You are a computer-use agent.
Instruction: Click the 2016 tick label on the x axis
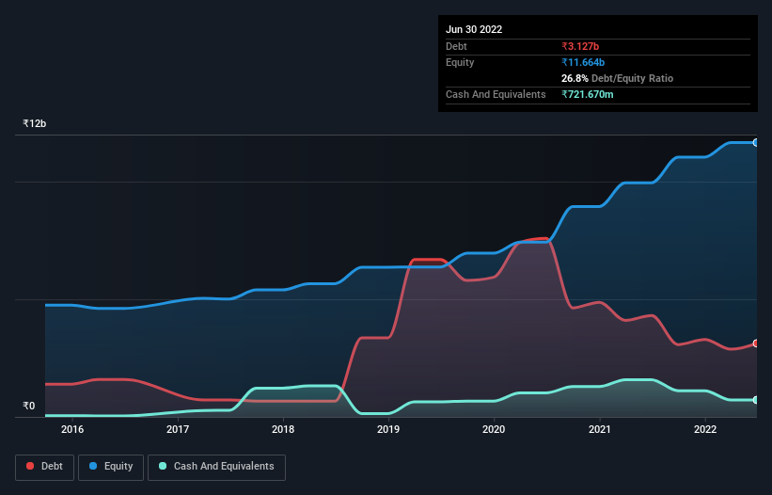point(72,430)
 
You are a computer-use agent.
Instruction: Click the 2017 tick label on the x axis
point(178,430)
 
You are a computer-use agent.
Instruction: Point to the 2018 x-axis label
point(283,430)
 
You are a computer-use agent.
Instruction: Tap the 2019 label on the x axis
point(388,430)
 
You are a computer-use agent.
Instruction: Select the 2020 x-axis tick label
point(494,430)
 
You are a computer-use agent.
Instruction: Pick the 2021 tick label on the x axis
point(599,430)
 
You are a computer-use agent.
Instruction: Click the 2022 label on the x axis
point(704,430)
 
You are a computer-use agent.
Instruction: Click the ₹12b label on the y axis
point(35,124)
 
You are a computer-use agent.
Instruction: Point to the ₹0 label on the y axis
point(28,407)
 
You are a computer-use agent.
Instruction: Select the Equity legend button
point(111,467)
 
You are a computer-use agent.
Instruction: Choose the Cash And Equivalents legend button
point(216,467)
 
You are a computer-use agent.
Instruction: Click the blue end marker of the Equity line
point(756,142)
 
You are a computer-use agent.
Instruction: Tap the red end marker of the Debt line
point(756,343)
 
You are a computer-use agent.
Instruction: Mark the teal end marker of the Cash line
point(756,400)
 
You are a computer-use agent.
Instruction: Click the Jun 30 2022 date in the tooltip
point(474,29)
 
